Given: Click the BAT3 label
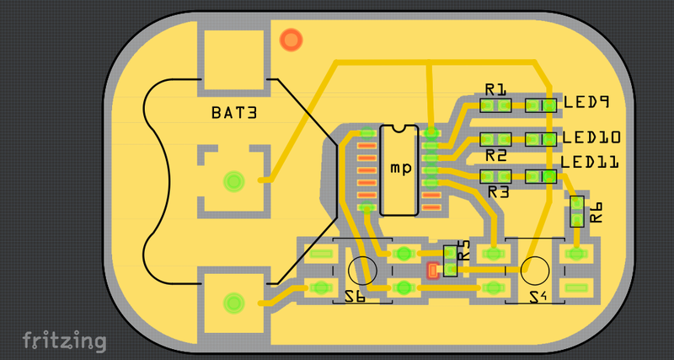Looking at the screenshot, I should [x=233, y=112].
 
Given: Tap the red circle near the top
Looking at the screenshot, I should [x=292, y=39].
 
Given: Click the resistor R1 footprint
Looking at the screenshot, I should [x=495, y=105].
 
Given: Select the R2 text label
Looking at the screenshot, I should [x=496, y=155].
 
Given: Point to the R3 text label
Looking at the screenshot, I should [x=499, y=192].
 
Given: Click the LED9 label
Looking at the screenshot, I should [x=586, y=102].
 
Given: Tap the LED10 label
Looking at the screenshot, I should [x=591, y=137].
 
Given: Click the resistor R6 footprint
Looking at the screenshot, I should [x=577, y=212].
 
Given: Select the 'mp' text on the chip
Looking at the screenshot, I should [x=401, y=168].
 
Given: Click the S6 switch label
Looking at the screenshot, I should [x=355, y=296].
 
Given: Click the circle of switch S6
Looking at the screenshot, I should [x=361, y=270].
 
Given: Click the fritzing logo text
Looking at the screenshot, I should [x=64, y=341].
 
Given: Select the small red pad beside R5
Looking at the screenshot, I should [x=433, y=271].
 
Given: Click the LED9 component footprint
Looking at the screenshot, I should [x=540, y=105].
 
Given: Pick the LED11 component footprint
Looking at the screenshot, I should [x=540, y=177].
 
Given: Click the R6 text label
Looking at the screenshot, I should [x=596, y=212].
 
